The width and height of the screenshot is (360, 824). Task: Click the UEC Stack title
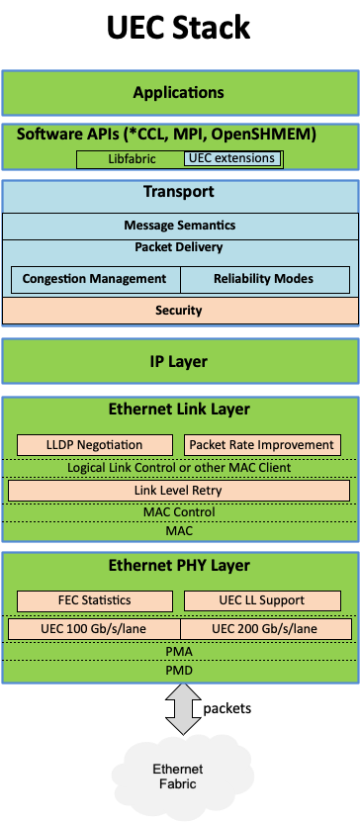pyautogui.click(x=179, y=29)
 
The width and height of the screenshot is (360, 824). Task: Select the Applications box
pyautogui.click(x=179, y=93)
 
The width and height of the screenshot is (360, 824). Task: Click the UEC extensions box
pyautogui.click(x=231, y=158)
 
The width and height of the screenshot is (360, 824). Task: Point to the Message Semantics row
pyautogui.click(x=179, y=226)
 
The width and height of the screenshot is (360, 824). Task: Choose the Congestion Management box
pyautogui.click(x=95, y=279)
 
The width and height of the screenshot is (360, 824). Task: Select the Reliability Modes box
pyautogui.click(x=264, y=279)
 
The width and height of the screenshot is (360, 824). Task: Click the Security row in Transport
pyautogui.click(x=179, y=311)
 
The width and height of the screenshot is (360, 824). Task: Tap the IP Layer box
pyautogui.click(x=179, y=361)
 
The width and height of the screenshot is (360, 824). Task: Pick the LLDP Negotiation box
pyautogui.click(x=94, y=445)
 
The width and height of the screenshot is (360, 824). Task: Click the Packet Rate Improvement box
pyautogui.click(x=262, y=445)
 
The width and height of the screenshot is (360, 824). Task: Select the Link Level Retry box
pyautogui.click(x=179, y=491)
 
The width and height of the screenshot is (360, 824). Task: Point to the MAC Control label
pyautogui.click(x=179, y=512)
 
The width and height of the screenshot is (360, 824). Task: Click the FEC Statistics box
pyautogui.click(x=94, y=600)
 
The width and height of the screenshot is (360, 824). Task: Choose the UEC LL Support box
pyautogui.click(x=262, y=600)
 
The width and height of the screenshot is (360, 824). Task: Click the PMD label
pyautogui.click(x=179, y=671)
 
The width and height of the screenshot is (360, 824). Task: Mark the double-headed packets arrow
pyautogui.click(x=179, y=710)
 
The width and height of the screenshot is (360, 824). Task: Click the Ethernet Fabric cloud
pyautogui.click(x=179, y=777)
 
